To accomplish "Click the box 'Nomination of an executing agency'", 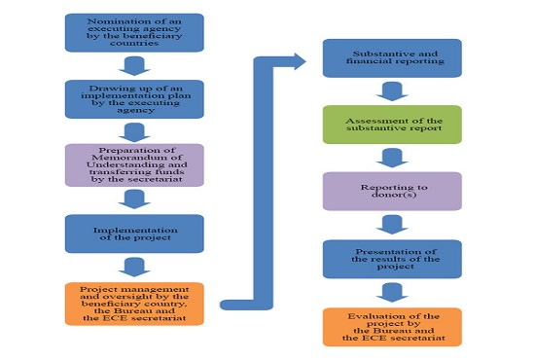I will pyautogui.click(x=133, y=32).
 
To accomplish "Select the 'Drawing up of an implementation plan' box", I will pyautogui.click(x=133, y=98).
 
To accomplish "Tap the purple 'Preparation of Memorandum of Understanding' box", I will pyautogui.click(x=133, y=164).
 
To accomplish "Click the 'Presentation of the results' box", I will pyautogui.click(x=392, y=258).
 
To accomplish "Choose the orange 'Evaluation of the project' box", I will pyautogui.click(x=392, y=326).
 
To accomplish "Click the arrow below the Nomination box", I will pyautogui.click(x=135, y=66).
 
